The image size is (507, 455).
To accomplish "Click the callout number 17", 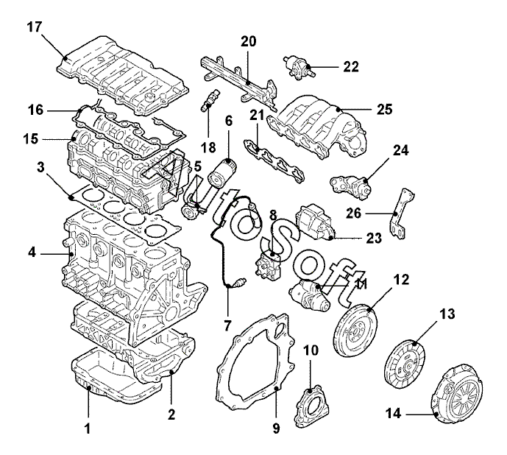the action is (x=35, y=27).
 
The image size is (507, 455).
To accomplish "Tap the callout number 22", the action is (x=351, y=67).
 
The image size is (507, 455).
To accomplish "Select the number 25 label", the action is (x=384, y=110).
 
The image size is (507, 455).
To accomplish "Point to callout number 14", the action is (x=393, y=414).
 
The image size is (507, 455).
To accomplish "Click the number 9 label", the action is (x=276, y=428).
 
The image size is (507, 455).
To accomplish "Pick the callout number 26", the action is (x=354, y=214).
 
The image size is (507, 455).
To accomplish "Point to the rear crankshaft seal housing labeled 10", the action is (x=312, y=406).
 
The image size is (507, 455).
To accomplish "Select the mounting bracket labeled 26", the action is (x=401, y=214).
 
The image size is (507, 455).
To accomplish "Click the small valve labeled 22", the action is (x=299, y=67).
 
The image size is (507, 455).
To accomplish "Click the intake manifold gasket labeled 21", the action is (x=274, y=161).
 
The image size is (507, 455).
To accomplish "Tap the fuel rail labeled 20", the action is (x=239, y=80).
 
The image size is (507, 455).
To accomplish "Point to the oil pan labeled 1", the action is (x=116, y=376).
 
